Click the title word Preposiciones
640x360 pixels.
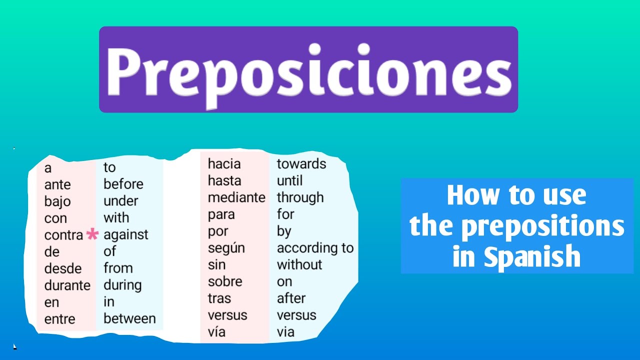pos(308,70)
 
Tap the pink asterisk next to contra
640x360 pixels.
pos(92,234)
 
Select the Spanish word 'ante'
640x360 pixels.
pos(57,185)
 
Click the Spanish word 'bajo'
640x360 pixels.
pos(57,202)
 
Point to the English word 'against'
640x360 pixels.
pos(126,234)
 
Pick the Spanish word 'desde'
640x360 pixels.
pos(63,268)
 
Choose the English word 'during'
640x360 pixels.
pos(122,285)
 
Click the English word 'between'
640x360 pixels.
pos(129,318)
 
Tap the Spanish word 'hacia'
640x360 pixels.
pos(224,164)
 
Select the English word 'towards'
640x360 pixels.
pos(301,164)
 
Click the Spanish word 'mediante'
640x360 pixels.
pos(236,197)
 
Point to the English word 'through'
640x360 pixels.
pos(300,197)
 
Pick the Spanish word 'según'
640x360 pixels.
pos(226,248)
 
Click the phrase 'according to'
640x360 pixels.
pos(315,248)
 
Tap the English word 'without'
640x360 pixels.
pos(299,264)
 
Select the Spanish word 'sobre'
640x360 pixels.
pos(225,281)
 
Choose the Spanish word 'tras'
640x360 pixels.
pos(219,298)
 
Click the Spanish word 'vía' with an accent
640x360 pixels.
pos(216,332)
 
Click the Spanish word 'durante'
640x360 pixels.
pos(67,285)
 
